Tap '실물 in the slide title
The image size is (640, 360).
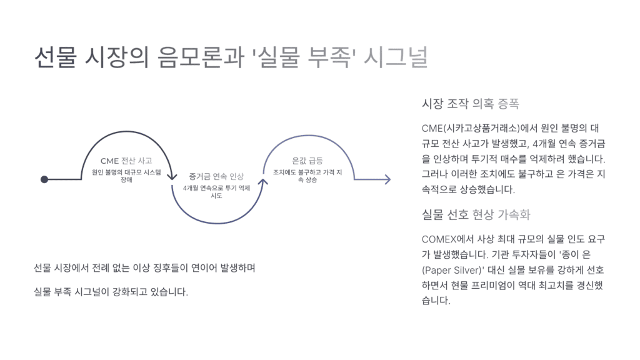276,58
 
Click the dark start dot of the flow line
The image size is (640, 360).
44,179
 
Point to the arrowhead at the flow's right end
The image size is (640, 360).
387,180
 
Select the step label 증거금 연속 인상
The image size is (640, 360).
216,176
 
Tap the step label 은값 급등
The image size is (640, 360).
307,161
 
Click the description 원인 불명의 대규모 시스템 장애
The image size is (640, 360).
126,175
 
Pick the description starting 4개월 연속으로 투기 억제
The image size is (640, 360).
216,191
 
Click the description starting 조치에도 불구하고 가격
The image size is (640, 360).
307,176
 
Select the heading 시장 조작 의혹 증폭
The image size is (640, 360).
471,103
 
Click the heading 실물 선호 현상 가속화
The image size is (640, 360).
476,215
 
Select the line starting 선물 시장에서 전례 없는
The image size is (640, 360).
145,268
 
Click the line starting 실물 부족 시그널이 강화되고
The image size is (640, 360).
111,292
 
